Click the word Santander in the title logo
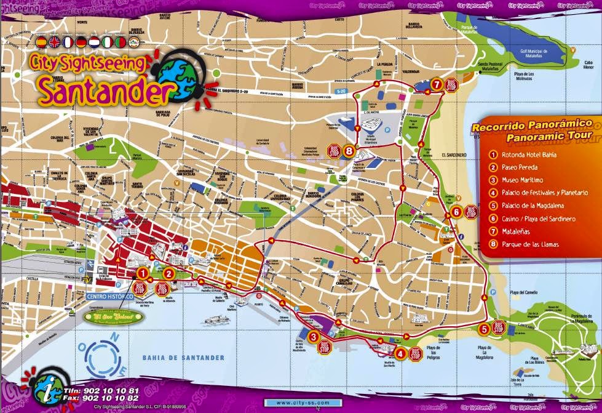(101, 90)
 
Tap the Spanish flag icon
(41, 42)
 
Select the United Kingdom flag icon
(55, 42)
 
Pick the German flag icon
(81, 42)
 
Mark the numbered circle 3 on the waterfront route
(314, 336)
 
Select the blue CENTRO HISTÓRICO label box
(111, 297)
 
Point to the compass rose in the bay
(99, 356)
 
